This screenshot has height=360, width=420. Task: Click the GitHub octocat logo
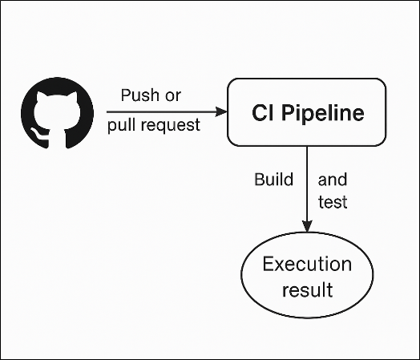point(58,113)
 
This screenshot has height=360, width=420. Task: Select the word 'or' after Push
point(173,97)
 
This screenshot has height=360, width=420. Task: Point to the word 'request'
point(171,126)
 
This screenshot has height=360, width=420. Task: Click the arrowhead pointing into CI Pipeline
point(221,111)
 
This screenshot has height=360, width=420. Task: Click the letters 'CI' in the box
point(263,113)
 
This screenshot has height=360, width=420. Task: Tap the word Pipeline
point(322,114)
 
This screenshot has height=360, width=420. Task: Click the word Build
point(274,179)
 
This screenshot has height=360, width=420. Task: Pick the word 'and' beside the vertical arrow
point(333,180)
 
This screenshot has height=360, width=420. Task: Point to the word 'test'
point(333,202)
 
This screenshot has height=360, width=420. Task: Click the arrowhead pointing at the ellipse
point(307,226)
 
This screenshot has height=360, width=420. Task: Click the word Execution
point(307,264)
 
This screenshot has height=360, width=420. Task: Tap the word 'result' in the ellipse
point(307,289)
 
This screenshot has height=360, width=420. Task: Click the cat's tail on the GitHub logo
point(39,135)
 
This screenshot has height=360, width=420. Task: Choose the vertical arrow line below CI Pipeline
point(307,189)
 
